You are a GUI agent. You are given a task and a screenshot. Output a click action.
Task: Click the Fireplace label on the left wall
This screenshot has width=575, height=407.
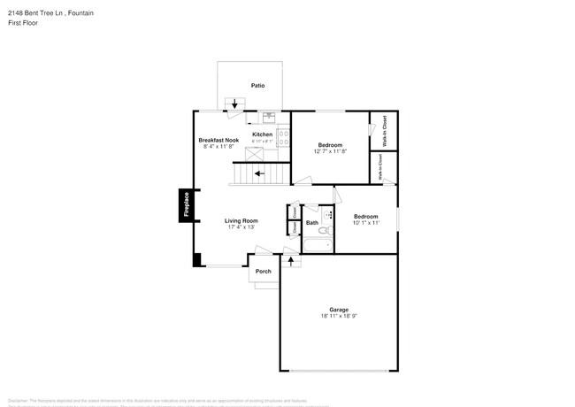[x=187, y=205]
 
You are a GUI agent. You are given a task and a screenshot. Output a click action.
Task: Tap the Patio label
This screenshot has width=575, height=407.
[x=257, y=86]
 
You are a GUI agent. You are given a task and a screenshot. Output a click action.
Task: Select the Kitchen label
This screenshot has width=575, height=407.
[x=262, y=134]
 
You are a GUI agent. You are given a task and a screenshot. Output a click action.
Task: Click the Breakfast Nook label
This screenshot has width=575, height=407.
[x=218, y=140]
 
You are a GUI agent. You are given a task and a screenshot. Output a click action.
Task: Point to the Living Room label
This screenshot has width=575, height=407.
[x=241, y=220]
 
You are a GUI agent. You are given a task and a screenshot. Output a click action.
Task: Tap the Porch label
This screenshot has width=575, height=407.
[x=263, y=271]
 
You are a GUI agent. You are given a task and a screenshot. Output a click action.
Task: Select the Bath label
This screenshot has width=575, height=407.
[x=312, y=223]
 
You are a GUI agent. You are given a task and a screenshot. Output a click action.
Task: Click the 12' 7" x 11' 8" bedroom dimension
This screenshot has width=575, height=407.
[x=330, y=151]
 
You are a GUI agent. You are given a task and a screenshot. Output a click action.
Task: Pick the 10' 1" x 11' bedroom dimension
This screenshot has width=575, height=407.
[x=366, y=223]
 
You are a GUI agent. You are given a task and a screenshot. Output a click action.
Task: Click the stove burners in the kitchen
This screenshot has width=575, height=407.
[x=284, y=137]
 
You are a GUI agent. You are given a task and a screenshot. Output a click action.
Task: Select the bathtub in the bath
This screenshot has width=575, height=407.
[x=318, y=245]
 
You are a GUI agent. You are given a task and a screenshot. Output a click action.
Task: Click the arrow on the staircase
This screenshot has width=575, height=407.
[x=259, y=174]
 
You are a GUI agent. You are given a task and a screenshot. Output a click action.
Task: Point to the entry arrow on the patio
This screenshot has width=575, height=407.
[x=234, y=104]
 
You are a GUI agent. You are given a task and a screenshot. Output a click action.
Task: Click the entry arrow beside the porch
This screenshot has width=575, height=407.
[x=290, y=262]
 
